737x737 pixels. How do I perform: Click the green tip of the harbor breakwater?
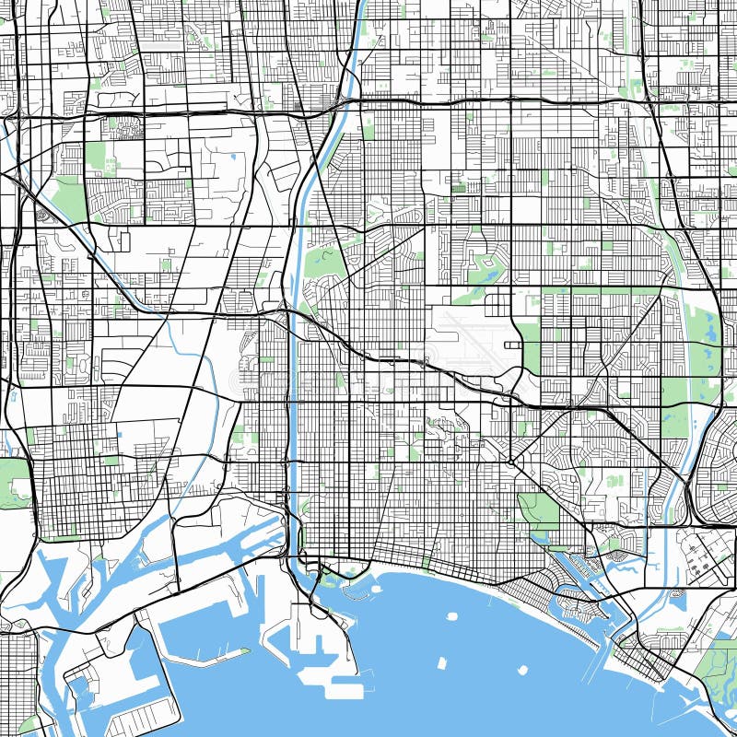[245, 650]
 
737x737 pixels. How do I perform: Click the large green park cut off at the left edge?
[13, 483]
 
